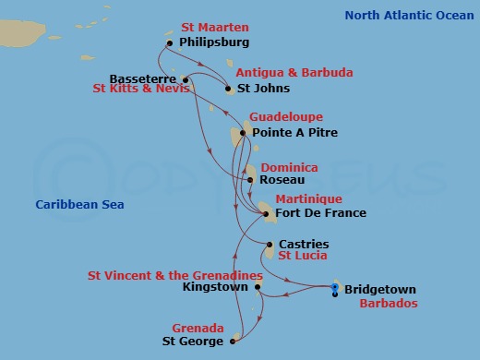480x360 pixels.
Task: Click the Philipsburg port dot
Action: (170, 43)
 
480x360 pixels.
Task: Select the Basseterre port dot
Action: (186, 78)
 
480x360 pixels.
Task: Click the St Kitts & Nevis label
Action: (140, 90)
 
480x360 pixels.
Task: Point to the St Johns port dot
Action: (229, 90)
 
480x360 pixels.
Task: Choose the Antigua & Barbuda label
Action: (282, 72)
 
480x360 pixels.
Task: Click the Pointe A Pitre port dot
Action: (243, 133)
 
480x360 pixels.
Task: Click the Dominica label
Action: (289, 168)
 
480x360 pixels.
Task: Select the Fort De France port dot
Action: (266, 214)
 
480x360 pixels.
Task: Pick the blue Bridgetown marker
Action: (334, 290)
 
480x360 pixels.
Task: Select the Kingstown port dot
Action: (258, 287)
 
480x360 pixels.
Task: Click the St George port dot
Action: (232, 342)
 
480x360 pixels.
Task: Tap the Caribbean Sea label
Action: (79, 205)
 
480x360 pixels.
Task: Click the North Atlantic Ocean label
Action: (408, 15)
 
